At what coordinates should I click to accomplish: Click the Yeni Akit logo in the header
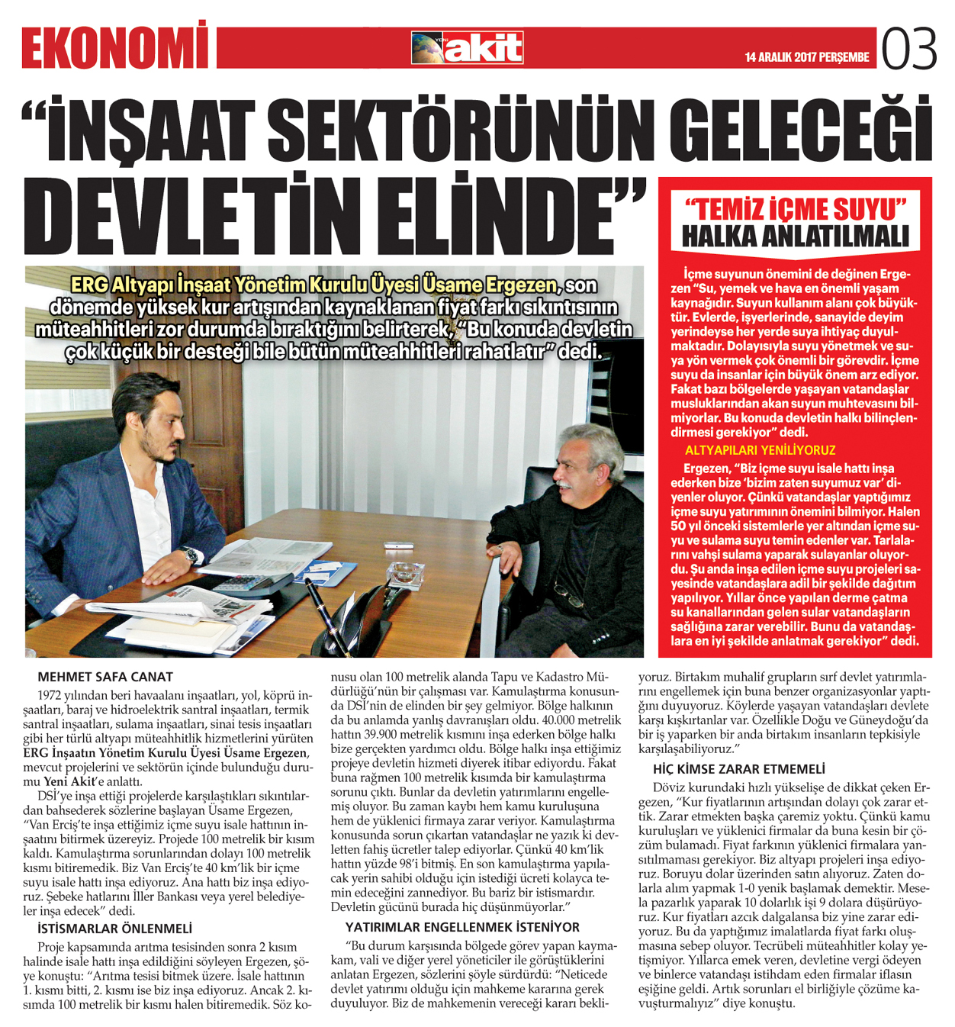467,48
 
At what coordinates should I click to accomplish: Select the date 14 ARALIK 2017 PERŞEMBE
807,57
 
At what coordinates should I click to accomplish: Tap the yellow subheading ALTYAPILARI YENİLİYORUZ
760,450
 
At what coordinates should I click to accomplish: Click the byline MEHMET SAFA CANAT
105,677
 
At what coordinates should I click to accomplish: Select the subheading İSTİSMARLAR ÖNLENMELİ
114,929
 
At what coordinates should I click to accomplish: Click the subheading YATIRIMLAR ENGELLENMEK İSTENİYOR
462,927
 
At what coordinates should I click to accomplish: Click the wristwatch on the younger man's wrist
191,555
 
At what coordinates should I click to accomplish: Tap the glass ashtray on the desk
405,575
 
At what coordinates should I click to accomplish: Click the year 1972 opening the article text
50,695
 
